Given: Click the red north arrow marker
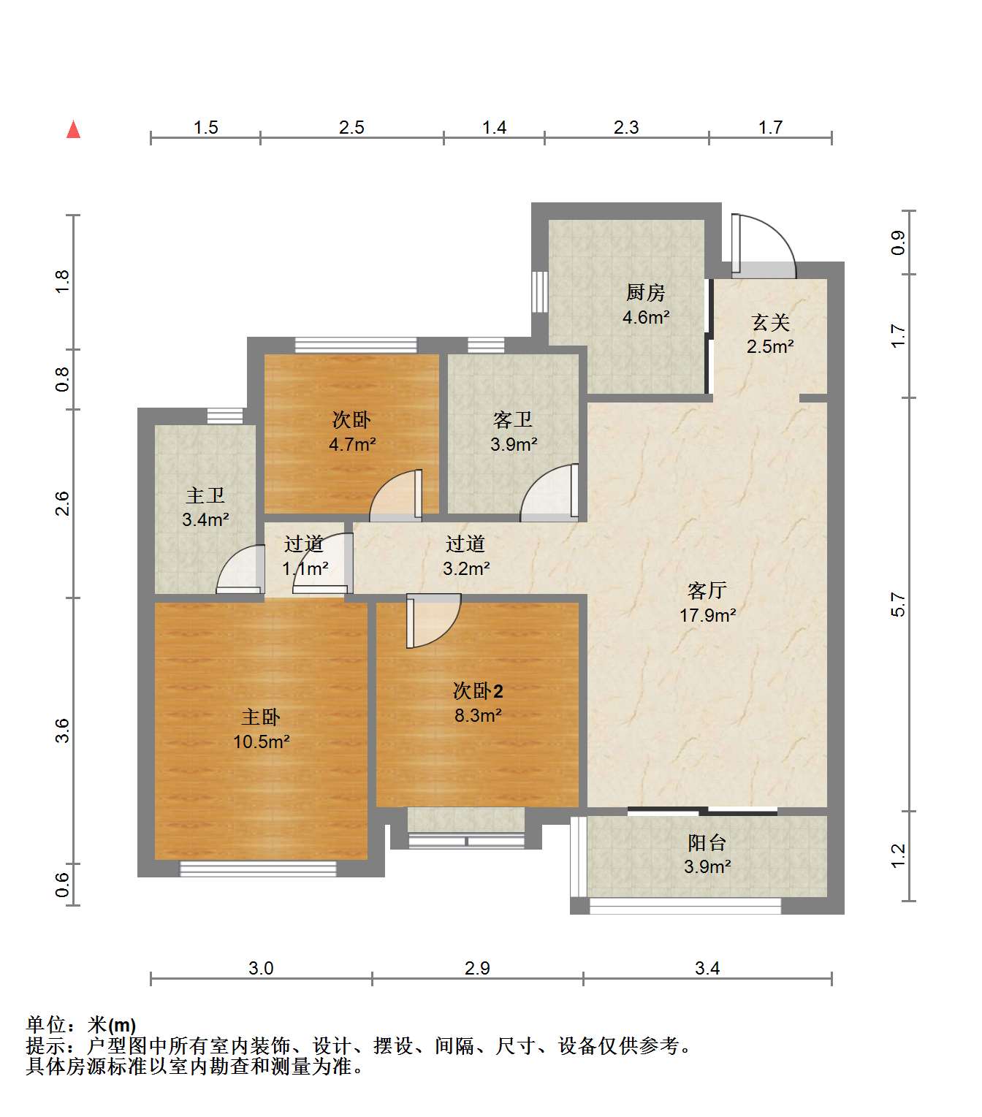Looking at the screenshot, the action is coord(73,129).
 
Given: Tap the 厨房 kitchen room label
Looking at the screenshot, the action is coord(645,292).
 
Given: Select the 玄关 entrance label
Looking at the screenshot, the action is coord(770,322).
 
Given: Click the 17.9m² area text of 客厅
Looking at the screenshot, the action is coord(707,614).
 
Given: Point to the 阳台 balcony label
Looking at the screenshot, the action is coord(707,842).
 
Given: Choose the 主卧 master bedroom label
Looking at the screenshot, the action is coord(261,717).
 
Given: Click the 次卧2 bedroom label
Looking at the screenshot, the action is coord(478,690).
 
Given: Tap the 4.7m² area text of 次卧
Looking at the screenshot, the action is coord(352,444).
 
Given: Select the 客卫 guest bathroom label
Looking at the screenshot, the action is coord(513,420).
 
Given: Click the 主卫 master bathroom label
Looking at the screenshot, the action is coord(205,495).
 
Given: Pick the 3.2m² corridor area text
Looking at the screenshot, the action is coord(466,568).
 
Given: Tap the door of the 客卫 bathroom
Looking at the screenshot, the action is coord(549,492).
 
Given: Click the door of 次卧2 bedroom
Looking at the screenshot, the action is coord(433,621).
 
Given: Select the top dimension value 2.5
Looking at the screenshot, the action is coord(351,127).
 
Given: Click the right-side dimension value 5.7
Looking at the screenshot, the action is coord(898,604).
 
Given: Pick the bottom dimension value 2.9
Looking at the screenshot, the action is coord(477,968).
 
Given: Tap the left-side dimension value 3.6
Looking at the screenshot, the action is coord(62,731).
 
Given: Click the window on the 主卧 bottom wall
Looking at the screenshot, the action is coord(258,869).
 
